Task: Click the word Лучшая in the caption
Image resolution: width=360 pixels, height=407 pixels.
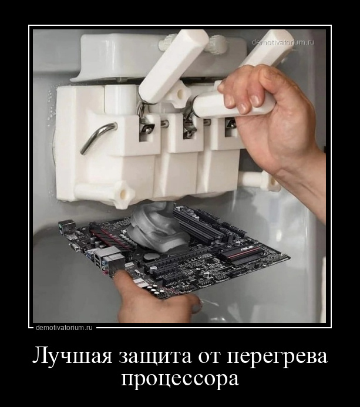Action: [x=72, y=358]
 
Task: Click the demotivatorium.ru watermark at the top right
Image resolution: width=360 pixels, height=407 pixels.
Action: [x=282, y=42]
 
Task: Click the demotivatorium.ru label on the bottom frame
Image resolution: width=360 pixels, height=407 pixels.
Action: [x=65, y=327]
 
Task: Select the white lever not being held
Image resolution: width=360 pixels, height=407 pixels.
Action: [x=174, y=65]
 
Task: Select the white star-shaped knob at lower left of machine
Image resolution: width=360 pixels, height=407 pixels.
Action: [x=123, y=194]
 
